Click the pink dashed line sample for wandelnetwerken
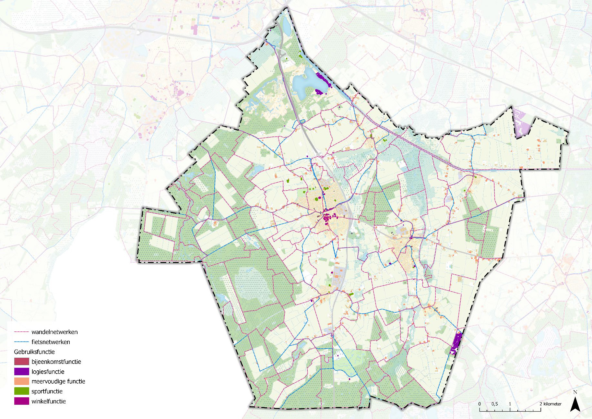pyautogui.click(x=21, y=332)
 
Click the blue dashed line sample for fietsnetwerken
pyautogui.click(x=21, y=342)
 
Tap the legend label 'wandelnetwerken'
pyautogui.click(x=54, y=332)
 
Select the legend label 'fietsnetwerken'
pyautogui.click(x=51, y=342)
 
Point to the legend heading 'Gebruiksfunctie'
pyautogui.click(x=34, y=352)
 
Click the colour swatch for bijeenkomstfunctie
pyautogui.click(x=21, y=362)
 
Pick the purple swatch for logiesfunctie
pyautogui.click(x=21, y=372)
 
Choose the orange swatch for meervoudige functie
pyautogui.click(x=21, y=381)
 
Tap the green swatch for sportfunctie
pyautogui.click(x=21, y=391)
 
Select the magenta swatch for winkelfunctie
pyautogui.click(x=21, y=401)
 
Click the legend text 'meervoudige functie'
pyautogui.click(x=58, y=381)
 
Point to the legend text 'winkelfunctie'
pyautogui.click(x=49, y=401)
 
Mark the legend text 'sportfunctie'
pyautogui.click(x=47, y=391)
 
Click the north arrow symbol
pyautogui.click(x=575, y=405)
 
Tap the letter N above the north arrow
pyautogui.click(x=575, y=392)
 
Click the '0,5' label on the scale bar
pyautogui.click(x=494, y=404)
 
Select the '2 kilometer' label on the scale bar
pyautogui.click(x=550, y=404)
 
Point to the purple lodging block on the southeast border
pyautogui.click(x=456, y=343)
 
